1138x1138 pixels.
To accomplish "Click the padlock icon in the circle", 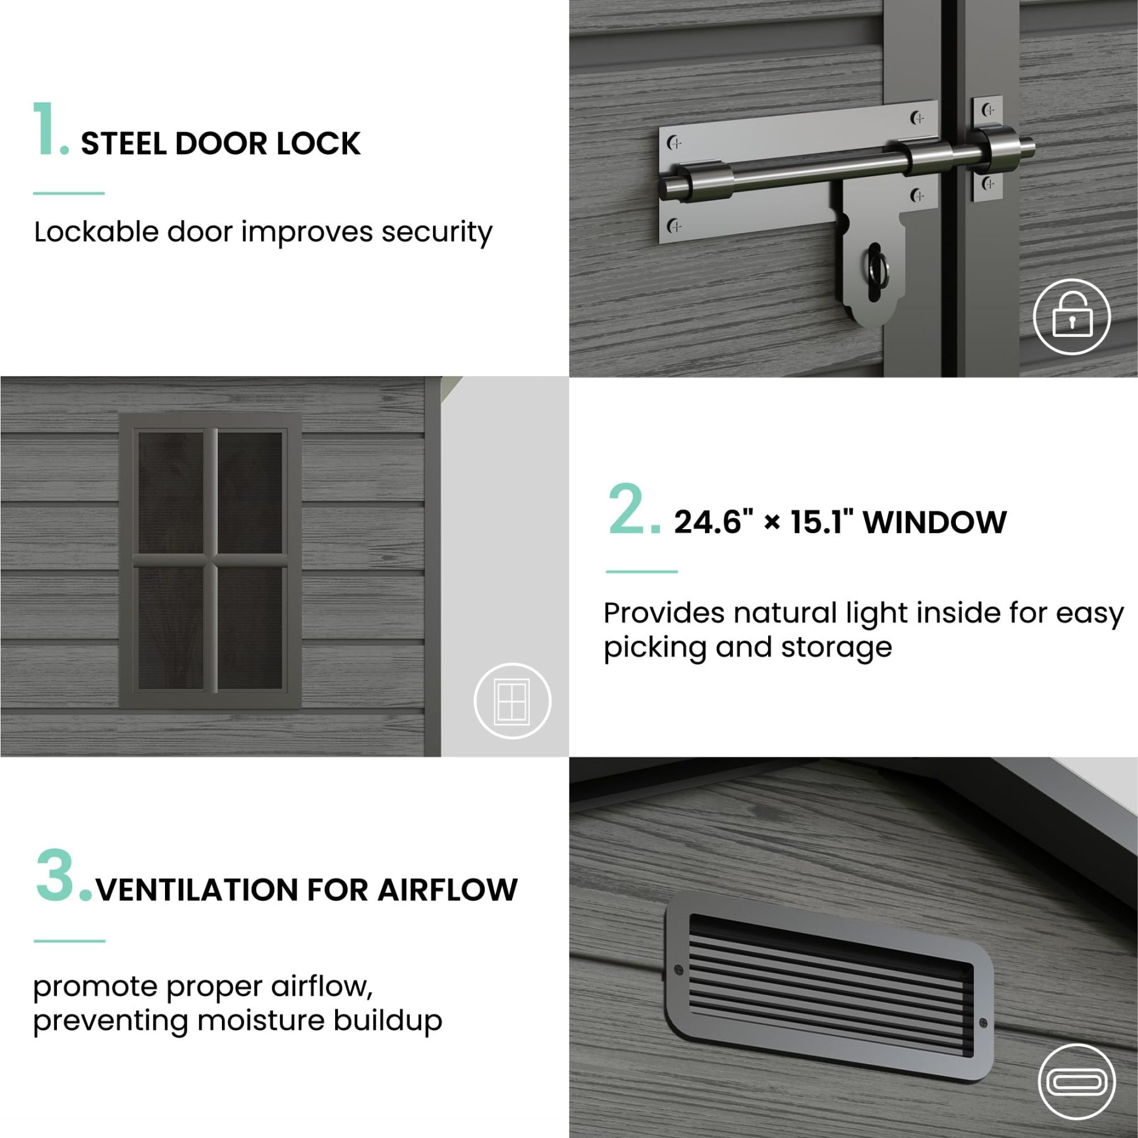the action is point(1072,316).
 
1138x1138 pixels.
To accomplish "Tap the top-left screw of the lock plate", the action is point(675,144).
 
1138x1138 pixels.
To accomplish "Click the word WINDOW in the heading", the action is point(934,522).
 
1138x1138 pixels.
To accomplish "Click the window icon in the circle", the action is point(512,701).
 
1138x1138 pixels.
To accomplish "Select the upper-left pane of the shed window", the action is point(171,493).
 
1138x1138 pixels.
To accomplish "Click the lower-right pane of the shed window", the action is point(250,628).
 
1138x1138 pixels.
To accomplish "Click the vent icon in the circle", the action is point(1077,1082).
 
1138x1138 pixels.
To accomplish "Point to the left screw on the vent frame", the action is point(680,969).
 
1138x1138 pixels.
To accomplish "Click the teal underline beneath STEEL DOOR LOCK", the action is point(69,193).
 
